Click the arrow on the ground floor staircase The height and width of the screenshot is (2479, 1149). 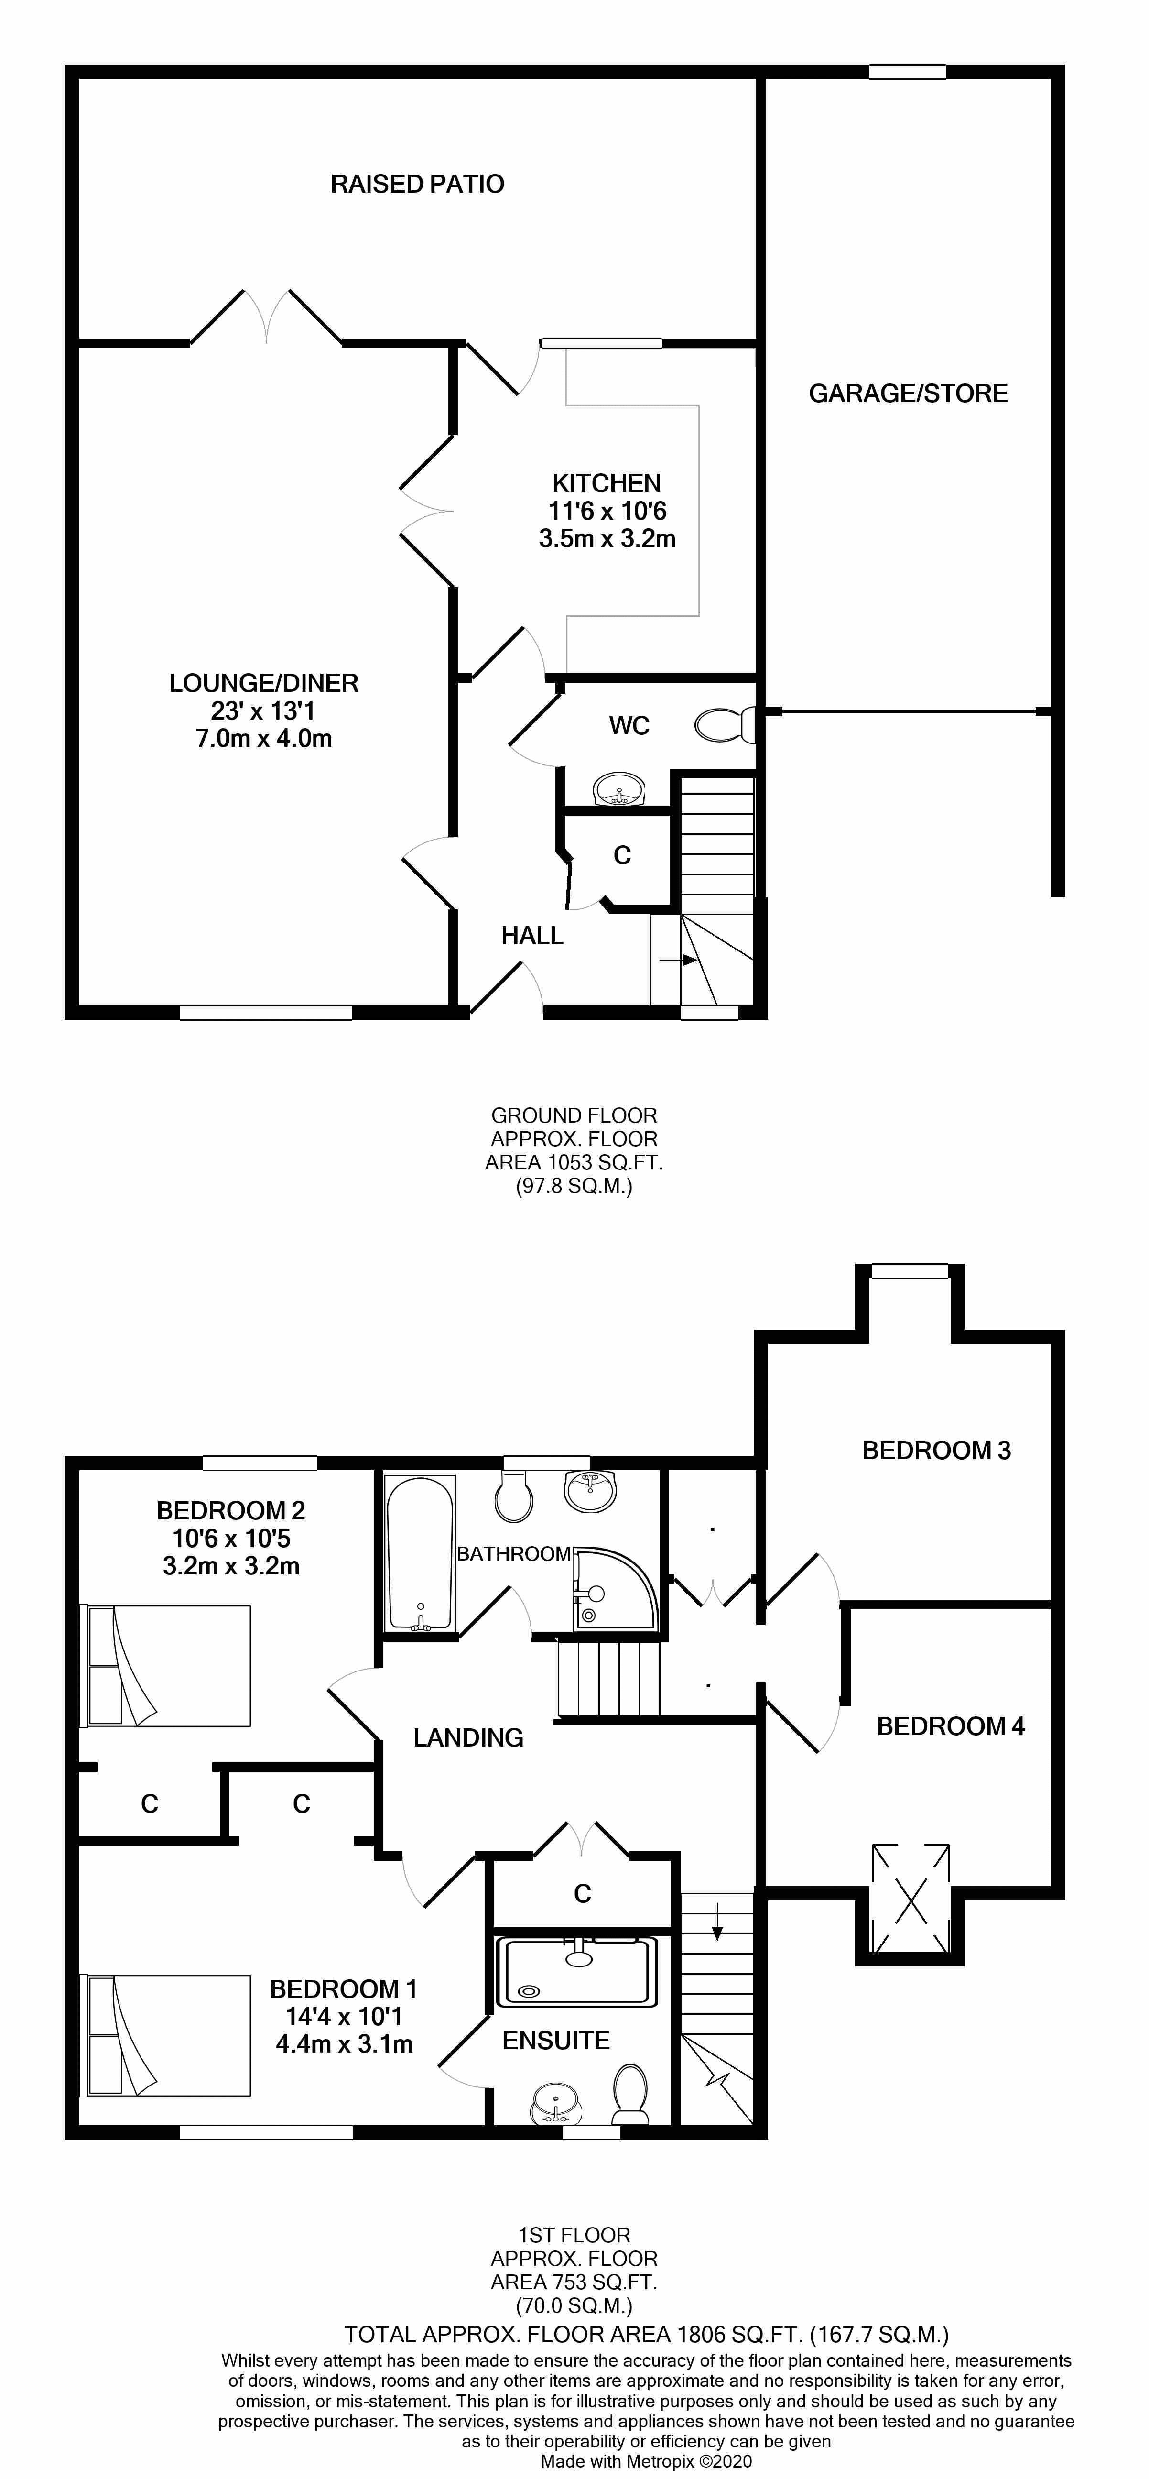click(685, 960)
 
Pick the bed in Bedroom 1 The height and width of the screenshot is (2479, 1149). click(165, 2035)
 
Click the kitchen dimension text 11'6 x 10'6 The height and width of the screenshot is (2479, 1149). click(607, 511)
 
